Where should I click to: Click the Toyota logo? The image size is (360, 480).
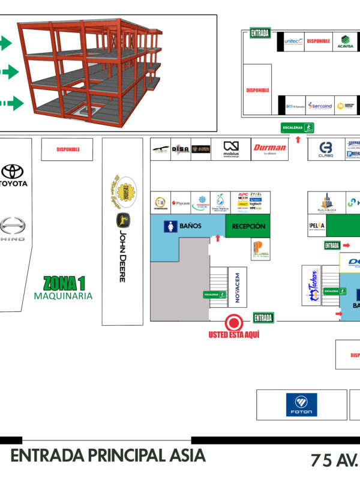[14, 175]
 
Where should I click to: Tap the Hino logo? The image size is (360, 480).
[13, 229]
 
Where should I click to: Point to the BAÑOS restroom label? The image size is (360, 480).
[187, 226]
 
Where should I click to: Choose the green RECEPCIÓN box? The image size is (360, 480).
[248, 226]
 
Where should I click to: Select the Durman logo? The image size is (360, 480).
[269, 148]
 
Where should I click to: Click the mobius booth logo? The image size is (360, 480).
[231, 148]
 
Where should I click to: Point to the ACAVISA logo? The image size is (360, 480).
[345, 41]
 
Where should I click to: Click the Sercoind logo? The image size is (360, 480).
[320, 106]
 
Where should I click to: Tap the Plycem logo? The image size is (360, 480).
[181, 203]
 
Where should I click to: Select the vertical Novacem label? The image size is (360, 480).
[238, 286]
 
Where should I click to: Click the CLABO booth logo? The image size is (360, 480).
[326, 149]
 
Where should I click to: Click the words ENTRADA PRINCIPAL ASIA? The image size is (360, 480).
[108, 455]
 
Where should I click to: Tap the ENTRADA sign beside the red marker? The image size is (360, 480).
[263, 317]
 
